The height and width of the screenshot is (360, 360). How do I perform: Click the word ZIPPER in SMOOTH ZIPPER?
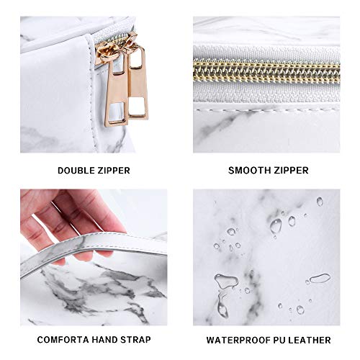pos(291,171)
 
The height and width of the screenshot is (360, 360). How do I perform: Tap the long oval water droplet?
pos(320,278)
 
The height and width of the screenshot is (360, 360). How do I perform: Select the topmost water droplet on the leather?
pos(320,202)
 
